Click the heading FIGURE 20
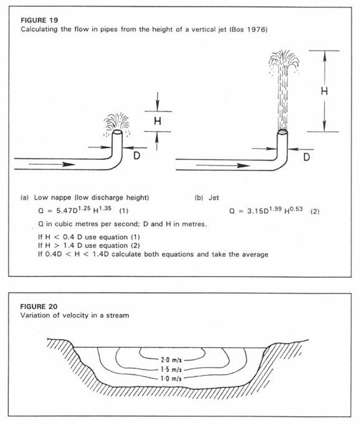pyautogui.click(x=39, y=307)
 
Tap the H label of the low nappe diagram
pyautogui.click(x=158, y=121)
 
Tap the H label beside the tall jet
pyautogui.click(x=324, y=91)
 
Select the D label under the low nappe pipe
pyautogui.click(x=137, y=156)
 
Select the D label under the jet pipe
pyautogui.click(x=306, y=157)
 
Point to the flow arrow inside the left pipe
pyautogui.click(x=52, y=165)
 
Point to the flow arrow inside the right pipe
pyautogui.click(x=222, y=165)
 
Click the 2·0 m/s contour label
pyautogui.click(x=171, y=360)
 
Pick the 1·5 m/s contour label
pyautogui.click(x=171, y=370)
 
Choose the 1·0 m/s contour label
pyautogui.click(x=171, y=378)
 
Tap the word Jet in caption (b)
pyautogui.click(x=214, y=198)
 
